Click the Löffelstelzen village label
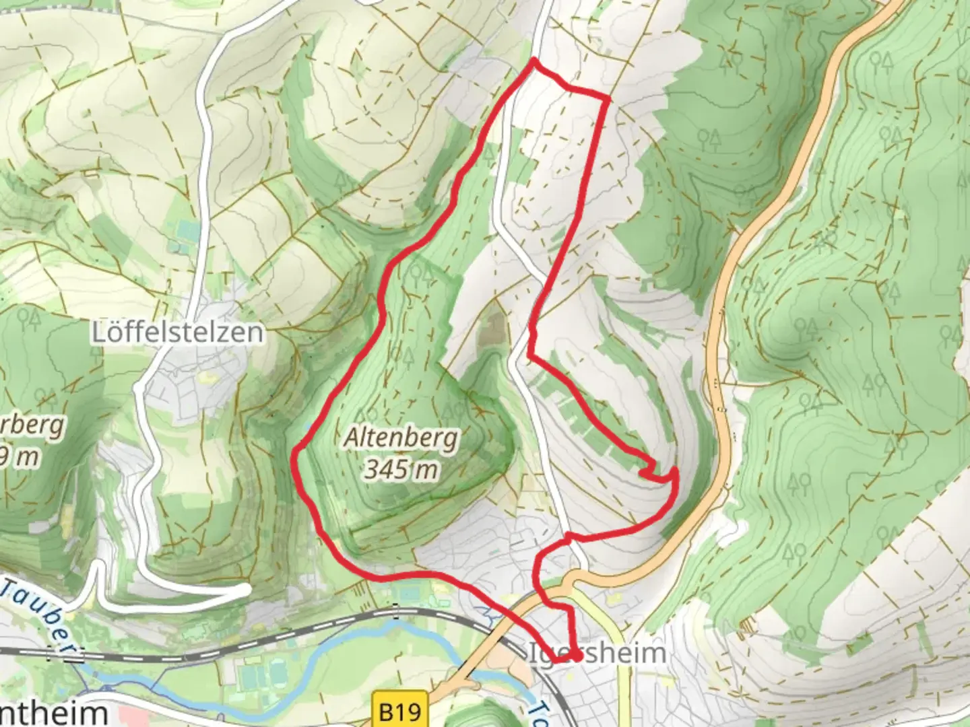[x=177, y=332]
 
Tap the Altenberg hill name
[x=401, y=438]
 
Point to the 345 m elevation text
[x=401, y=469]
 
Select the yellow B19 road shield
[x=400, y=711]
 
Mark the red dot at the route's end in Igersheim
[x=577, y=655]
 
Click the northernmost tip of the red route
[x=534, y=61]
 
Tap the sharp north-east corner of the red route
[x=608, y=99]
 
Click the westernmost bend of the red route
[x=294, y=458]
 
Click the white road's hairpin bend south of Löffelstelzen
[x=98, y=565]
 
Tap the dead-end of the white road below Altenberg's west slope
[x=246, y=590]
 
